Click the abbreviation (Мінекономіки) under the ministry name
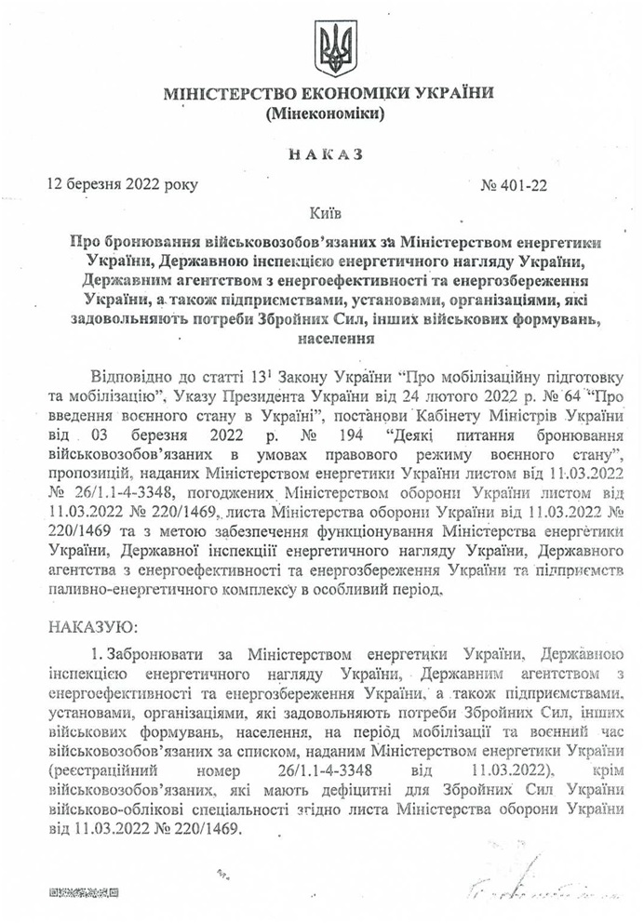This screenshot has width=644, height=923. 328,114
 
